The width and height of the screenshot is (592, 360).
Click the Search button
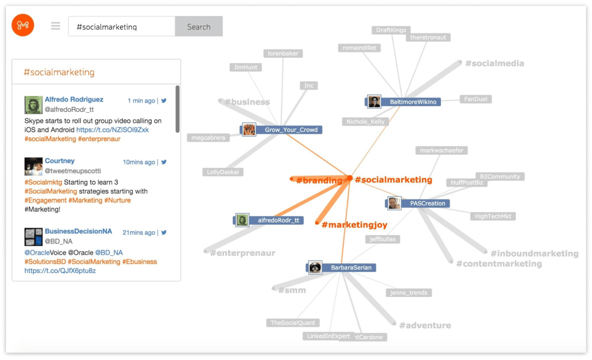(198, 27)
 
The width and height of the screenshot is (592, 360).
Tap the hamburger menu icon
(55, 26)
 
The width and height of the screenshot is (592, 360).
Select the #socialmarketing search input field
(122, 27)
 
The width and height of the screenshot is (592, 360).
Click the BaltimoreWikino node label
(413, 102)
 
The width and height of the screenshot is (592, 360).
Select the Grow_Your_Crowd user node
(291, 130)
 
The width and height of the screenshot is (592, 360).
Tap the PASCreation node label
(427, 203)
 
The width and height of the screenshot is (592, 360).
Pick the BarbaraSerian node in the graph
(351, 268)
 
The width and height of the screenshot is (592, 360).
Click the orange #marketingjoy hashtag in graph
(354, 225)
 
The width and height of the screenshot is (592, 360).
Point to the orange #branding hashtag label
(319, 181)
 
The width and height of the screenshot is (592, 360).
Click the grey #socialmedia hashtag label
(494, 63)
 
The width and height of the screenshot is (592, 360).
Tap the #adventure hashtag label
(425, 325)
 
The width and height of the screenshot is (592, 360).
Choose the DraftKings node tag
(391, 30)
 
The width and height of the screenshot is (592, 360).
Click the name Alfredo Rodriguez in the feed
(74, 99)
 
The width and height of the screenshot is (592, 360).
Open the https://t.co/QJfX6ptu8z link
(60, 271)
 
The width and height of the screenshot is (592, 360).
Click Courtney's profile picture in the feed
(33, 166)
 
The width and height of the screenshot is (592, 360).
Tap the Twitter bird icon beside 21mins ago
(164, 232)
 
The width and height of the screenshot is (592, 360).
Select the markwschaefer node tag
(441, 150)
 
